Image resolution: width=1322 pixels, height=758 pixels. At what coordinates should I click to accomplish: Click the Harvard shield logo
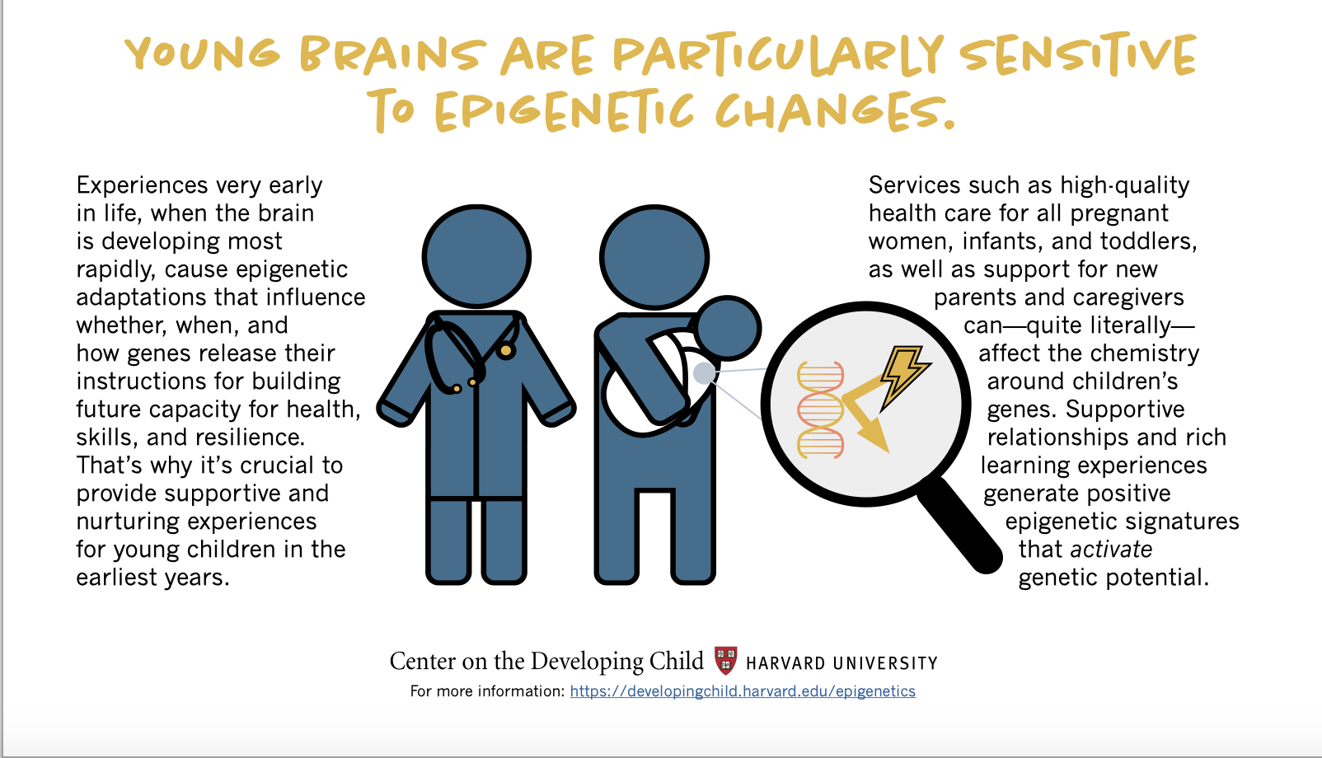[725, 661]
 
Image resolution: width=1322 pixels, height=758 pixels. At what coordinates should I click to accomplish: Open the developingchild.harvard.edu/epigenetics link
[743, 691]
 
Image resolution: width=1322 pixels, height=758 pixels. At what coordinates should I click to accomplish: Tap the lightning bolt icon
[904, 377]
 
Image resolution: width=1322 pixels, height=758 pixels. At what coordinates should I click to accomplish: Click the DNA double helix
[820, 409]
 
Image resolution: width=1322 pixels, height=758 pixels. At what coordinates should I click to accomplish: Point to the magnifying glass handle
[960, 525]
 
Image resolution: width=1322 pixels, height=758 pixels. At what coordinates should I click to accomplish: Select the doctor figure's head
[476, 256]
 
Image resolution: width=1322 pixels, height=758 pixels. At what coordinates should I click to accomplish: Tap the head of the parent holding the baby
[654, 257]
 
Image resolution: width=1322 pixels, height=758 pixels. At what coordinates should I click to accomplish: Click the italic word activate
[1111, 550]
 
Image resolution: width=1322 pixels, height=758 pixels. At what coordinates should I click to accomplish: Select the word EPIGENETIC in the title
[565, 111]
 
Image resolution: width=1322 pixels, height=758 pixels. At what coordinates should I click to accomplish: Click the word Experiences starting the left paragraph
[143, 186]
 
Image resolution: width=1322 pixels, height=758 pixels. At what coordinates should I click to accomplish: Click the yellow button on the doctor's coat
[506, 351]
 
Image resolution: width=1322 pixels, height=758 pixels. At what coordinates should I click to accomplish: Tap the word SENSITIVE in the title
[1078, 54]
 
